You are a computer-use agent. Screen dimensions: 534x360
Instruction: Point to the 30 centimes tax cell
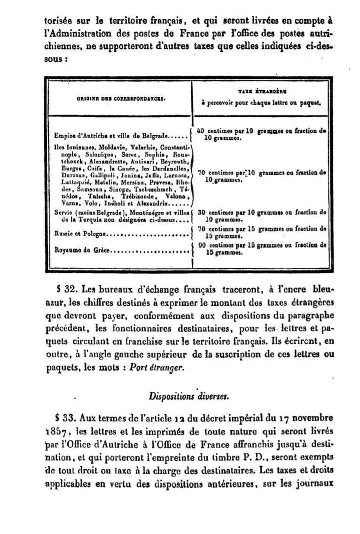[x=261, y=215]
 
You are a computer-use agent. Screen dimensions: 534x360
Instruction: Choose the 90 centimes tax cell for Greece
[x=261, y=248]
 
